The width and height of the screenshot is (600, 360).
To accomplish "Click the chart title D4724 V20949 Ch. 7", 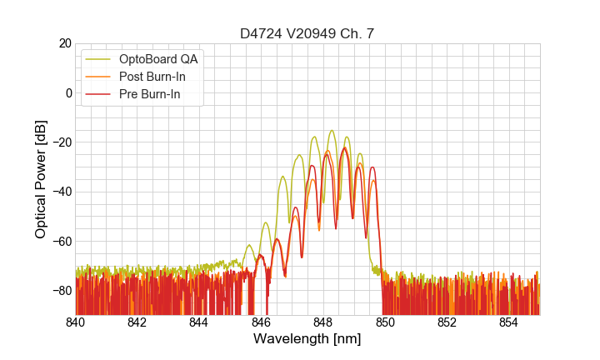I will tap(307, 33).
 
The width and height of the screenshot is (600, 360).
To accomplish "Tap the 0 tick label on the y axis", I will tap(68, 92).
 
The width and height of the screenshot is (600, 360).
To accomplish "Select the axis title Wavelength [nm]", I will tap(307, 339).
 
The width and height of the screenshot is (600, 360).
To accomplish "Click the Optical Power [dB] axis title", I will tap(41, 179).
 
